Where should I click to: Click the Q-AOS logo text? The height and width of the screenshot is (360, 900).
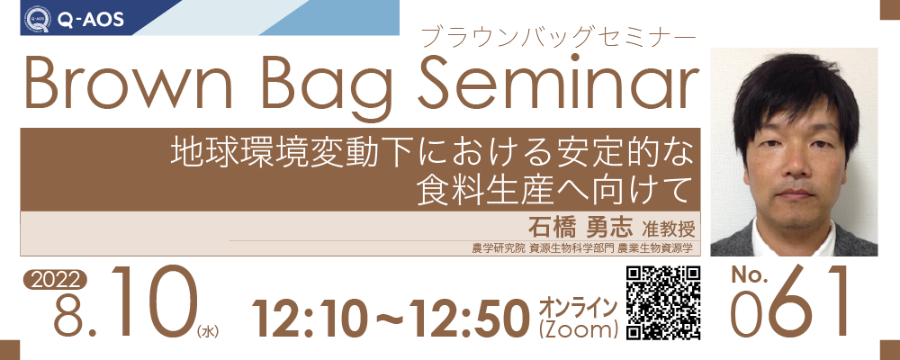(x=90, y=20)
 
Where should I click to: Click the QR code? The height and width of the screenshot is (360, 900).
(x=662, y=302)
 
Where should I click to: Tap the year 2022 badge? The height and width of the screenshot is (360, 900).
(x=55, y=280)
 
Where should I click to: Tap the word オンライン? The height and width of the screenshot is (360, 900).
(x=578, y=308)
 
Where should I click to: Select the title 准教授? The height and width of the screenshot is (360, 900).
(x=669, y=229)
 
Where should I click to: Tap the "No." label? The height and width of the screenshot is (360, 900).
(x=750, y=275)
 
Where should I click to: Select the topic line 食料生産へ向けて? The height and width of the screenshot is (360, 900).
(x=553, y=190)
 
